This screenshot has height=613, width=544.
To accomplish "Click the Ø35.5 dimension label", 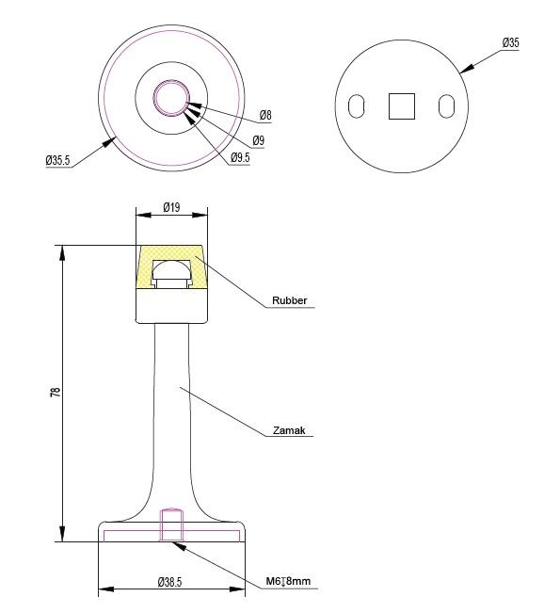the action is point(57,160).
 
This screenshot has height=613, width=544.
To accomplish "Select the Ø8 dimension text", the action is point(265,115).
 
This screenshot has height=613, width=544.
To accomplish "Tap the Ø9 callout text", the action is point(258,140).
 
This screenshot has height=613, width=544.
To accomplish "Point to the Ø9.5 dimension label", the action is point(240,157).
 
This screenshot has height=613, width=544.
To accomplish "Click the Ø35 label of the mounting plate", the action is point(511,42).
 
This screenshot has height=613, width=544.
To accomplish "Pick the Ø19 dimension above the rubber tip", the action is point(171,207).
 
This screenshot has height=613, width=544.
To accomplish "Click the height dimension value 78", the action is point(56,392).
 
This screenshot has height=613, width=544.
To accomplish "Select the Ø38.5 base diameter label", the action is point(170,582).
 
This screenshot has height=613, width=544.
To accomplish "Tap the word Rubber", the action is point(290,300).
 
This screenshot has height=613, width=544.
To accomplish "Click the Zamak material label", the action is point(289,430).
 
